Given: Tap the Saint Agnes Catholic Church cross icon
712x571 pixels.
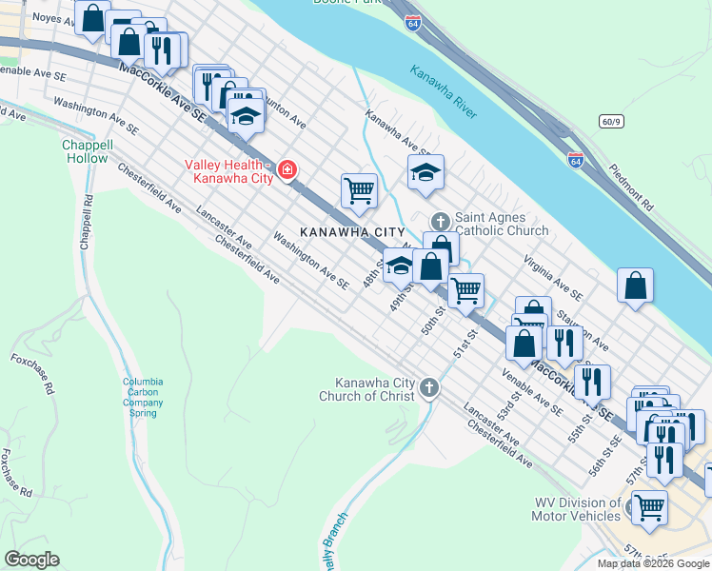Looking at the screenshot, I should pyautogui.click(x=440, y=222).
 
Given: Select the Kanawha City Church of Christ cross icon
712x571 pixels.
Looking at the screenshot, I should pyautogui.click(x=429, y=387).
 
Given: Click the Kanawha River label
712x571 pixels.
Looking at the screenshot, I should pyautogui.click(x=444, y=91).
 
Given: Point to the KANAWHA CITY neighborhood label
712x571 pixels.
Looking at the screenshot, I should pyautogui.click(x=352, y=232).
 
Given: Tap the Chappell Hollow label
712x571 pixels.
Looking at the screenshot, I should pyautogui.click(x=88, y=151).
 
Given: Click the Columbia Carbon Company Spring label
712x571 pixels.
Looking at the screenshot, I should pyautogui.click(x=143, y=398).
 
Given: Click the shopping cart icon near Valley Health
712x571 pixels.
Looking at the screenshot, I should pyautogui.click(x=359, y=189).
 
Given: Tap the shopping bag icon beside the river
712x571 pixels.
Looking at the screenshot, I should pyautogui.click(x=635, y=285).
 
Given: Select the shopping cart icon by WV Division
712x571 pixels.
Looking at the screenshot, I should pyautogui.click(x=649, y=507).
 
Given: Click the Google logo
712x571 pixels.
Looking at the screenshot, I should pyautogui.click(x=32, y=559).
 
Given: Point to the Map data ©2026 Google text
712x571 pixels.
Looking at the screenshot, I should pyautogui.click(x=652, y=563).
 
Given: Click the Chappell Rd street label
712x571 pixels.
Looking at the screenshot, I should pyautogui.click(x=88, y=218).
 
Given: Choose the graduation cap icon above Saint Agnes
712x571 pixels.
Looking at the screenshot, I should pyautogui.click(x=425, y=172).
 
